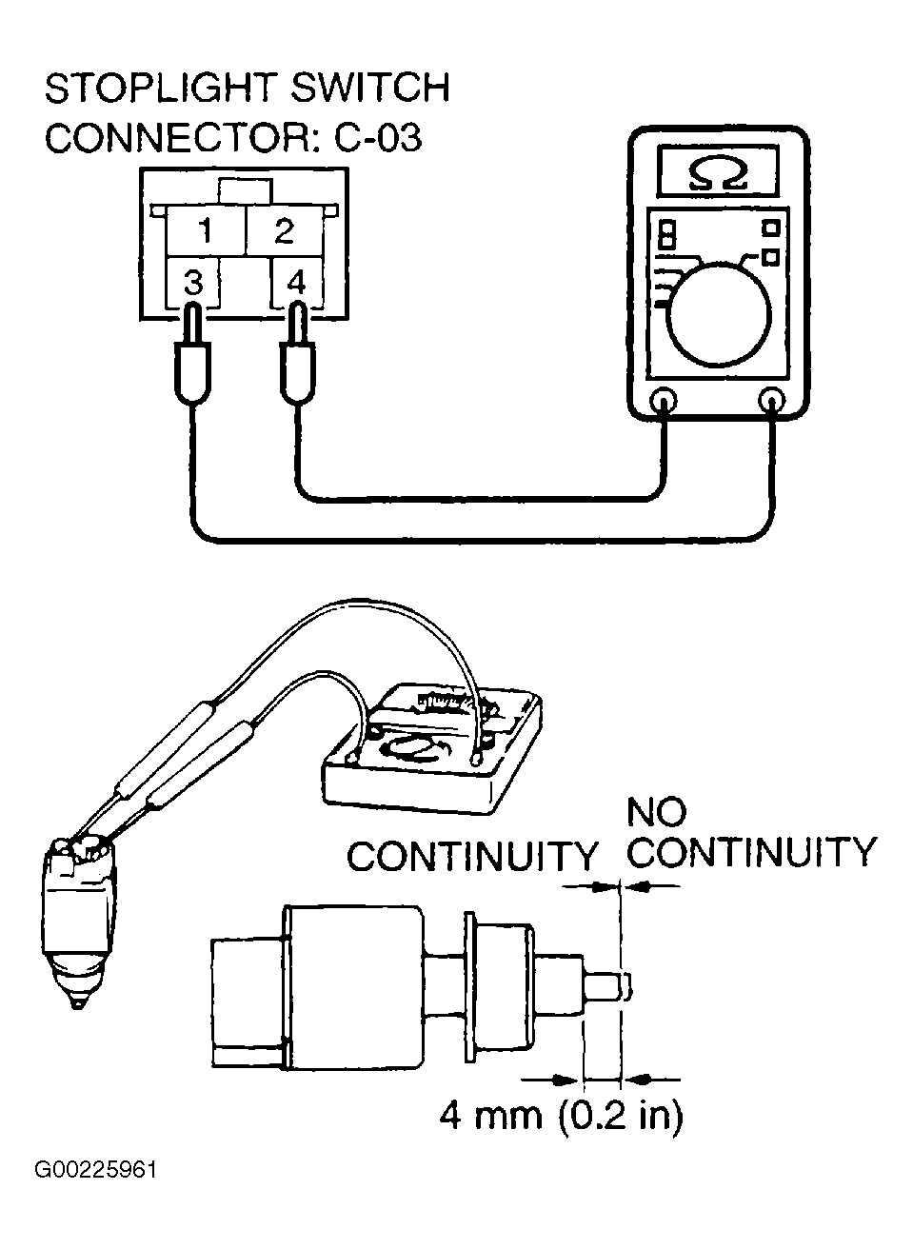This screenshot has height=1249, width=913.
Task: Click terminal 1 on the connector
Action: click(x=205, y=231)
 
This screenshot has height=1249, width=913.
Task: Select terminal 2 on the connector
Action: click(x=284, y=231)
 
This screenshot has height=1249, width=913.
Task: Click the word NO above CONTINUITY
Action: click(x=656, y=812)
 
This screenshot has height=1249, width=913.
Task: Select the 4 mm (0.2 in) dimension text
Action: click(x=561, y=1114)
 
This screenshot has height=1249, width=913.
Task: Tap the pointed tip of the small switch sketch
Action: click(x=76, y=1003)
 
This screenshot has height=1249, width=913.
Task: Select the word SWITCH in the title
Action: click(x=371, y=89)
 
